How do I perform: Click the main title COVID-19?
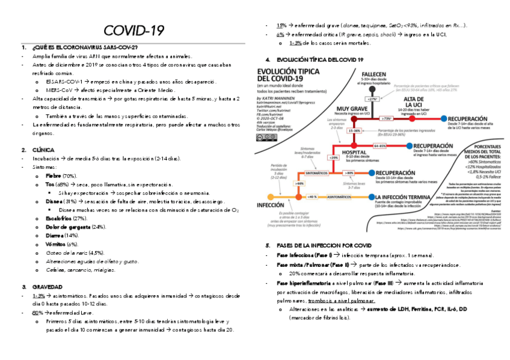(134, 31)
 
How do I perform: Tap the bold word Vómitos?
(55, 245)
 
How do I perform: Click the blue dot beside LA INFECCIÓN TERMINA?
(369, 197)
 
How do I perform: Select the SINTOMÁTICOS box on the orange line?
(316, 172)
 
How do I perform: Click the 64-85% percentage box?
(380, 145)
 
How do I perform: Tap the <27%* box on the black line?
(373, 99)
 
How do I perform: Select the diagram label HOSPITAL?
(355, 152)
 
